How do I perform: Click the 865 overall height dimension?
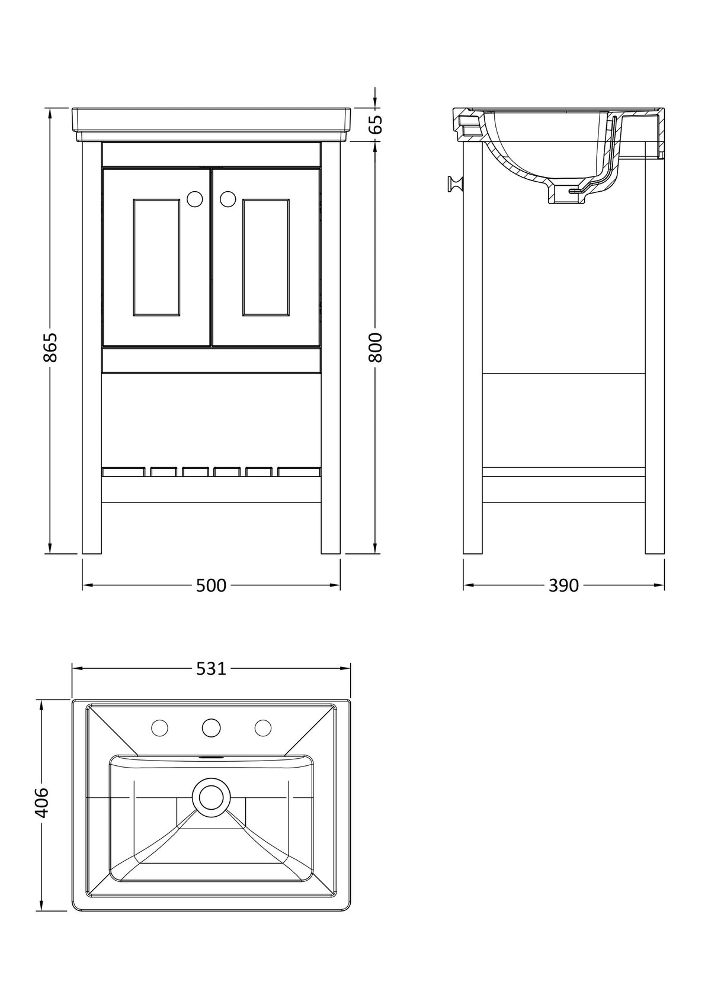pyautogui.click(x=50, y=347)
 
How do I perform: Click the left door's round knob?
pyautogui.click(x=195, y=199)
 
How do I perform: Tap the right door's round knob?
pyautogui.click(x=228, y=199)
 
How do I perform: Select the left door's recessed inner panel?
pyautogui.click(x=156, y=257)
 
